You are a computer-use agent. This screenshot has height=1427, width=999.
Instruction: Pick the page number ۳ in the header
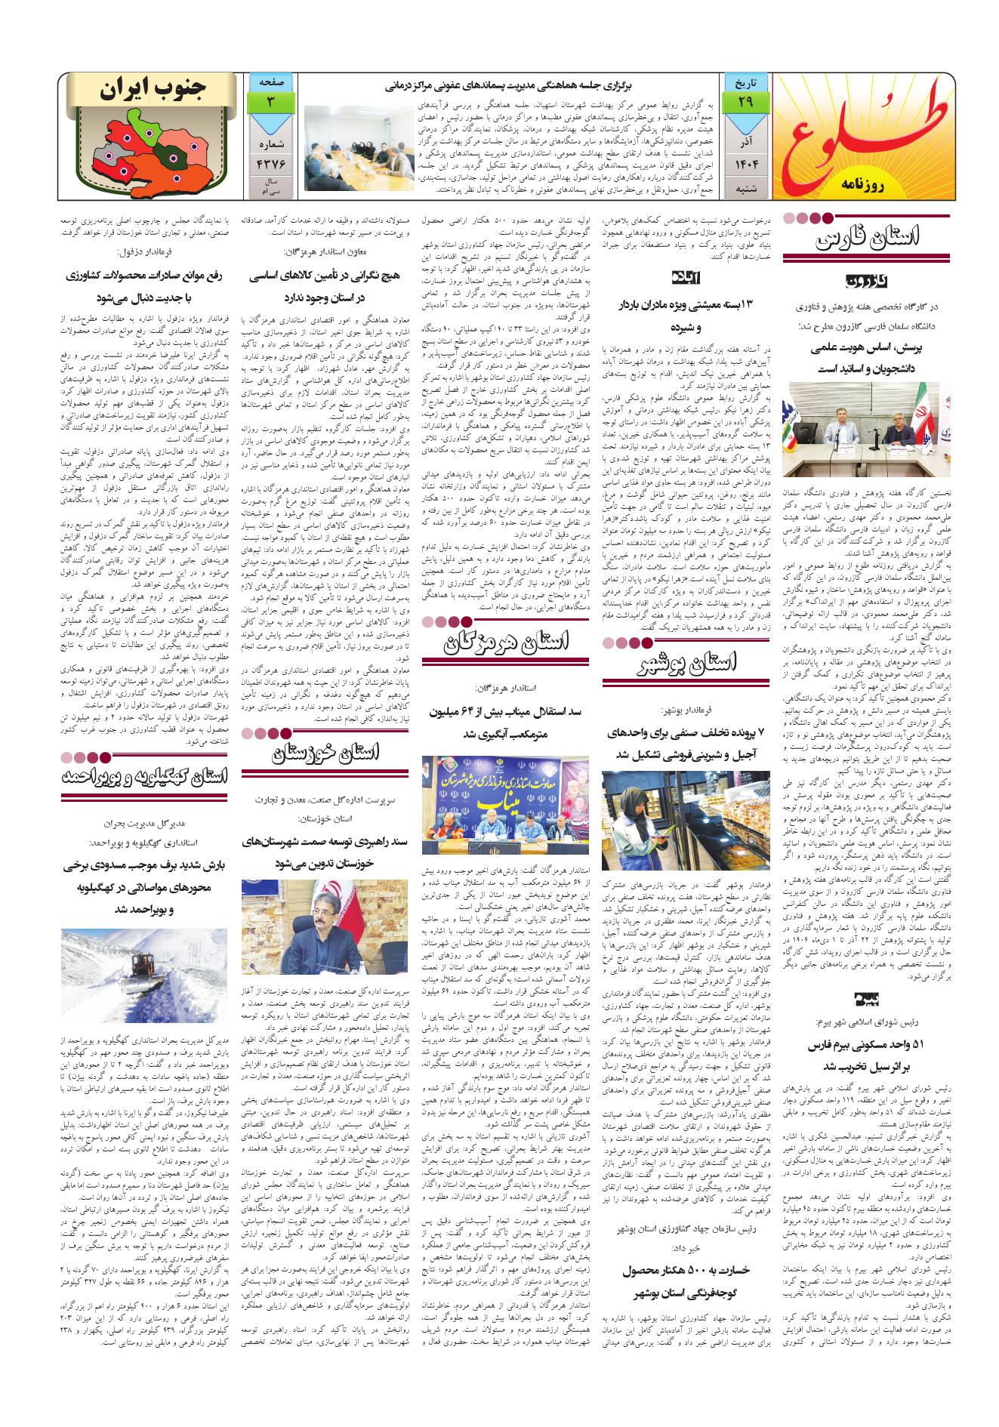click(x=267, y=101)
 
